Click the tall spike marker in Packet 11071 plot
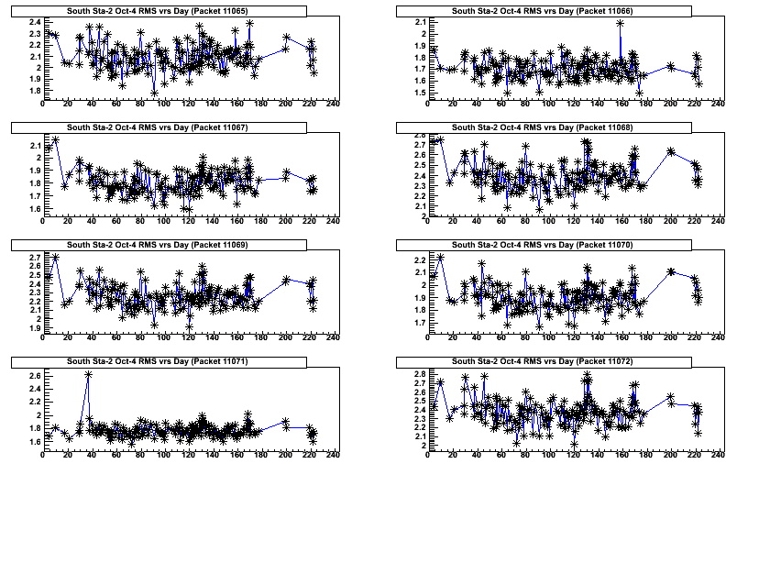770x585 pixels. pyautogui.click(x=88, y=375)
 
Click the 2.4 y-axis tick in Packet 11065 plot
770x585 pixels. pyautogui.click(x=34, y=21)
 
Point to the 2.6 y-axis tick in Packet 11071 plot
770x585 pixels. pyautogui.click(x=34, y=376)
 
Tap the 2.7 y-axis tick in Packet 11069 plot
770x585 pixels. pyautogui.click(x=34, y=257)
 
